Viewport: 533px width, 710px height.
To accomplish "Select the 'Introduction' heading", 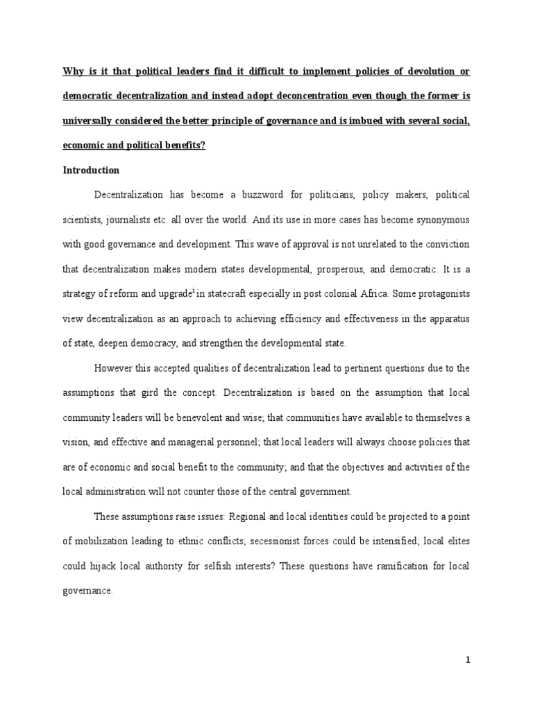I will coord(91,170).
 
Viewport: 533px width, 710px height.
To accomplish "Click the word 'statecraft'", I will coord(232,293).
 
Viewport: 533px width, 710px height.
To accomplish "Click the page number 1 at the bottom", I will coord(468,660).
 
